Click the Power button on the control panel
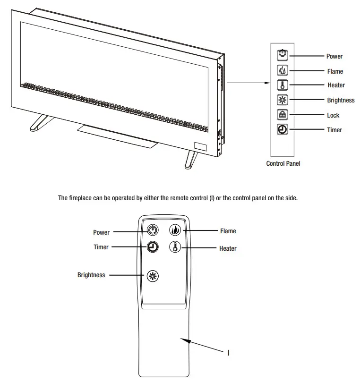(x=282, y=55)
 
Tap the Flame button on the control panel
(x=282, y=71)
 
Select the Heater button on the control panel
(x=282, y=85)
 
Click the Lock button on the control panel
(x=282, y=115)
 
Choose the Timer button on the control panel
(x=282, y=130)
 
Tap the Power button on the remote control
(x=152, y=231)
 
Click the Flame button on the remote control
(x=175, y=231)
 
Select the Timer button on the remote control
(x=152, y=247)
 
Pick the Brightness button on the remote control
(x=152, y=276)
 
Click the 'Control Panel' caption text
(x=283, y=164)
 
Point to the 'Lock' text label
(x=333, y=115)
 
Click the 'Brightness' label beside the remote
(x=91, y=275)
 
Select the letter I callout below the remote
(x=229, y=353)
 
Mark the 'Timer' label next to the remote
(x=101, y=247)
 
